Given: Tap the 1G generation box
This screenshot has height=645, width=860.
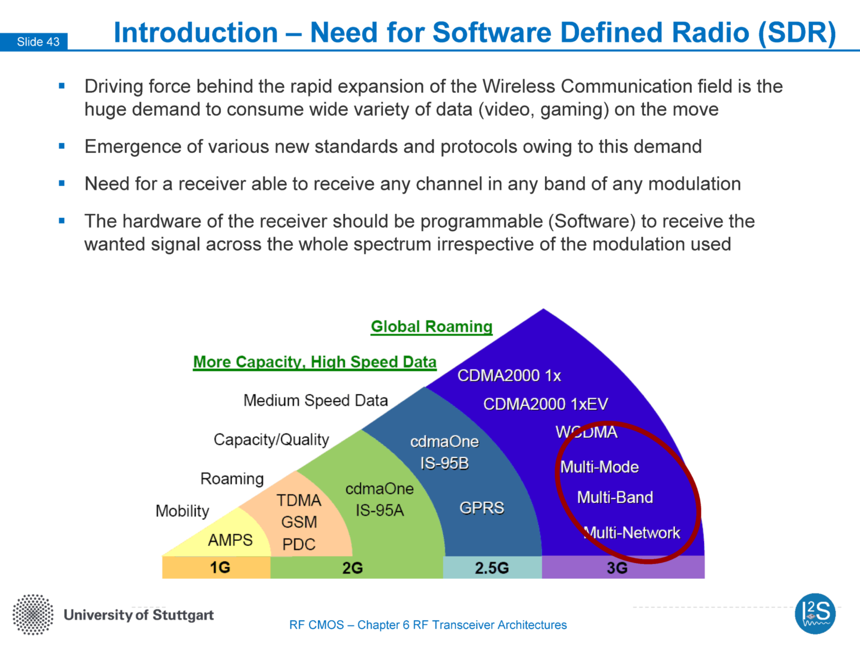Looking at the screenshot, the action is pos(216,567).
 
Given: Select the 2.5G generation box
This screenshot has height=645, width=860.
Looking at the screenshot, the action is pos(492,568).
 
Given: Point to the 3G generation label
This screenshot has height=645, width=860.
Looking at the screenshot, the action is pos(617,568).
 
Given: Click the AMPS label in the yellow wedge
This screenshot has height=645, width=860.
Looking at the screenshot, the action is pos(230,540).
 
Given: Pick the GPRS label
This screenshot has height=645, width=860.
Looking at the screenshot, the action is pos(482,508).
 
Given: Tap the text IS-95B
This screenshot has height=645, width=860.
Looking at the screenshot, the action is pos(444,464).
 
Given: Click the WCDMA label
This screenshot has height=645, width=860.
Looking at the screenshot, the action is pos(587,432).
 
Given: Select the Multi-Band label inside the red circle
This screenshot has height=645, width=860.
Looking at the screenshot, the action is pos(615,498).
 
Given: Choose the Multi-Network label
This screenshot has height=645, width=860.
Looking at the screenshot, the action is pos(632,533).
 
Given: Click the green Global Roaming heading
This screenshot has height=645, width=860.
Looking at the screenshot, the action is pos(432,327).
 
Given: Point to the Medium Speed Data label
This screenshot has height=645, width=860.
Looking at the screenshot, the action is pos(316,400).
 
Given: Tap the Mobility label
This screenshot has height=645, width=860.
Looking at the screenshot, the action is pos(182,511).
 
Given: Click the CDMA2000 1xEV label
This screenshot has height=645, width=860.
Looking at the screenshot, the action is pos(546,404).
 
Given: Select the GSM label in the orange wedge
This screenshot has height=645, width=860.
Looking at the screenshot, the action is pos(299,522).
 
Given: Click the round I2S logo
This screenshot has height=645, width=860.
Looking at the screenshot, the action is pos(815,614).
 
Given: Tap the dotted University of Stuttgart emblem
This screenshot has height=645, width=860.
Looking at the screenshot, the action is pos(33,615).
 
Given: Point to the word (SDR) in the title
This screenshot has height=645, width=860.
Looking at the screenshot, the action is pos(797,33).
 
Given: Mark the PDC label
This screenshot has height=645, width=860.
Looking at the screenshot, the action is pos(299,544).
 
